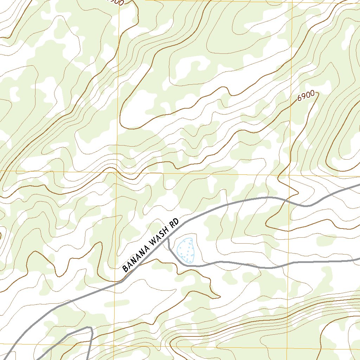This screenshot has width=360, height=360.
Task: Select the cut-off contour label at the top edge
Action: click(116, 2)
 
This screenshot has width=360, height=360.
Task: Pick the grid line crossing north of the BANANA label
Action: click(117, 172)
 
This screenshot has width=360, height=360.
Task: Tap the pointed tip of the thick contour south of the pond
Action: click(219, 296)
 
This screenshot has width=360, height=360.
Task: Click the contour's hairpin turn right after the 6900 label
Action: click(318, 93)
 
